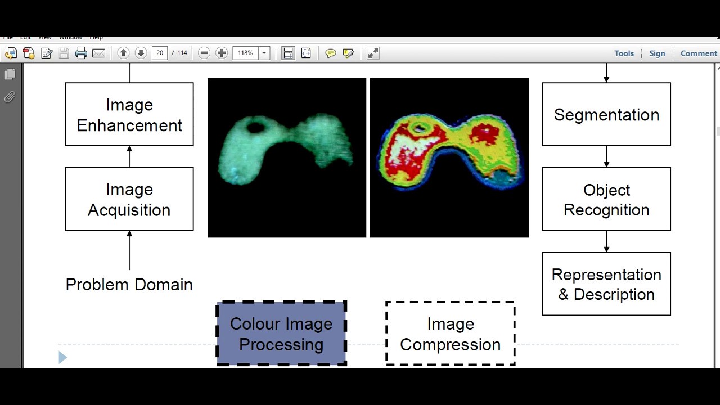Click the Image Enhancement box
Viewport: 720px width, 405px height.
pos(129,115)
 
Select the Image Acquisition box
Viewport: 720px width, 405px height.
pos(129,199)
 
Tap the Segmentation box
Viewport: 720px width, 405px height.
pos(606,115)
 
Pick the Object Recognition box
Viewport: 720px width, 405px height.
pos(606,199)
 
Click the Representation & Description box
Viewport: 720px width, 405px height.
pos(606,284)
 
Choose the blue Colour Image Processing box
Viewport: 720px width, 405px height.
pos(281,334)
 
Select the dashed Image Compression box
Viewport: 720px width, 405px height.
pos(450,334)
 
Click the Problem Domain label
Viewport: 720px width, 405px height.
pos(129,284)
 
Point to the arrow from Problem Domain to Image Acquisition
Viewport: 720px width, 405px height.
pos(129,251)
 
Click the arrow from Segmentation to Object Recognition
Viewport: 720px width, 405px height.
pos(606,156)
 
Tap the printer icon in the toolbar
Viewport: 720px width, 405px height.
pos(81,53)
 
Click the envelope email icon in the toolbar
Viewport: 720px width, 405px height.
pos(98,53)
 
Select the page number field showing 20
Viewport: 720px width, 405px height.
pos(160,53)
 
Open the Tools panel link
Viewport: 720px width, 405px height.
pos(624,53)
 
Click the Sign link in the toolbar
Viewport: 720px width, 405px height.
pos(657,53)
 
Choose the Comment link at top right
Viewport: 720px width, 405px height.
pos(699,53)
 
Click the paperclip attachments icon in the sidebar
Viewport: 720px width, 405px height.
pos(10,97)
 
